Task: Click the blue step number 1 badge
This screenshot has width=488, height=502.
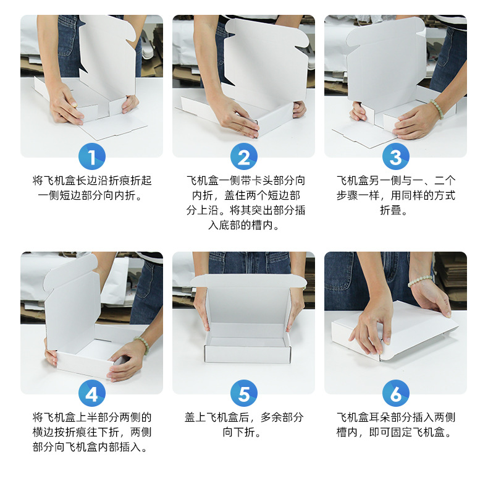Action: pos(92,156)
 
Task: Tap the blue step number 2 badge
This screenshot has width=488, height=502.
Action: pos(243,156)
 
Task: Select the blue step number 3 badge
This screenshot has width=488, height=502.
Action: pos(396,156)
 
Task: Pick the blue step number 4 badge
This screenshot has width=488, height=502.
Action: pos(92,393)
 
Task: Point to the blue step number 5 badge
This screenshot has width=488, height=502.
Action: pos(243,393)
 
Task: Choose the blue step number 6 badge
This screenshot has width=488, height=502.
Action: pos(396,393)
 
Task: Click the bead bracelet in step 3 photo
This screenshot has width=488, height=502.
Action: pos(437,109)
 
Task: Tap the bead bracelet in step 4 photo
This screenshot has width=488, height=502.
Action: pos(142,345)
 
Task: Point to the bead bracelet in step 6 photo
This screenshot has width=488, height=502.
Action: pos(419,281)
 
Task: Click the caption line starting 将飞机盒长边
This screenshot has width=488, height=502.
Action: pos(92,181)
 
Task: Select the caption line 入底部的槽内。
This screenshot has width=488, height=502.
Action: pos(243,226)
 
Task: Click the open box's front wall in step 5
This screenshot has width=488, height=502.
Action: pos(247,354)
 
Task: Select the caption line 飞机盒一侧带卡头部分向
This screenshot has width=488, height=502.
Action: pos(246,181)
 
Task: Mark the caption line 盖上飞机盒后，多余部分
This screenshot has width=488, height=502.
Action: pos(243,417)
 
